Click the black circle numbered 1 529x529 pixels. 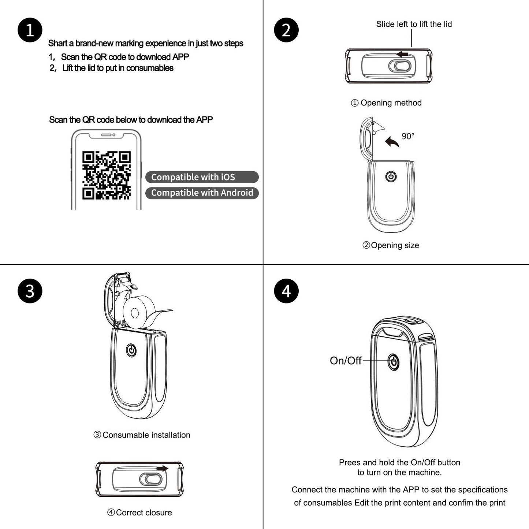30,30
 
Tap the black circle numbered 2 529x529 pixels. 286,30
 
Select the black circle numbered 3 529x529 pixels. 30,291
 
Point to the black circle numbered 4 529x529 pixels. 286,291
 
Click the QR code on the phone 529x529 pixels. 106,175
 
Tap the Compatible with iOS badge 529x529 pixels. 202,177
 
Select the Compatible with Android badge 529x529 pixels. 202,193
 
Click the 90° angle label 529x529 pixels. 408,136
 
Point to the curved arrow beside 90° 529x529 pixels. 392,142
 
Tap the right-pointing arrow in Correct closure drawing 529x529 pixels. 162,468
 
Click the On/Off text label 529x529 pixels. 346,361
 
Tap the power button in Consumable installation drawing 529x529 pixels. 131,350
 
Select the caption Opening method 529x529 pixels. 387,103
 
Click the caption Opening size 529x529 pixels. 391,245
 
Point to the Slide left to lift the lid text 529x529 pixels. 414,24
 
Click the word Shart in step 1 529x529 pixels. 57,44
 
